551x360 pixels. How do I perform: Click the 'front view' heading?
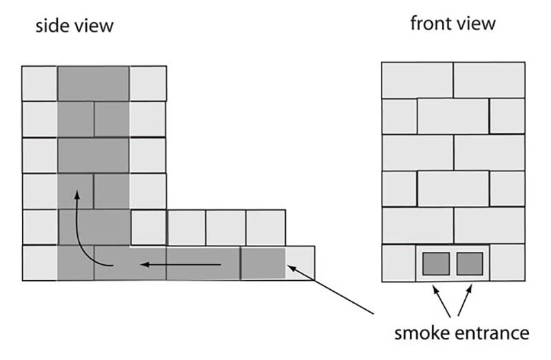click(x=453, y=23)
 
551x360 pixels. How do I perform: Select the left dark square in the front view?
click(x=436, y=263)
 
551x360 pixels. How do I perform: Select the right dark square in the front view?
click(x=470, y=263)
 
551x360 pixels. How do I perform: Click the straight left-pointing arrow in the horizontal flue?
click(x=182, y=263)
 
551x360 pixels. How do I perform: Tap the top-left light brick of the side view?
click(x=39, y=83)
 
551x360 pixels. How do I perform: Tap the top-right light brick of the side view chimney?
click(x=147, y=83)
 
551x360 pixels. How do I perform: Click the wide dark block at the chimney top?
click(x=93, y=83)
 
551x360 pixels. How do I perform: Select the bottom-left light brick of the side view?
click(x=39, y=263)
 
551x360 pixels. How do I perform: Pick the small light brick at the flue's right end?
click(x=300, y=263)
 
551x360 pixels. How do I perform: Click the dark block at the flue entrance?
click(x=262, y=263)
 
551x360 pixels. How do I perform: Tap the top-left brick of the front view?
click(x=417, y=80)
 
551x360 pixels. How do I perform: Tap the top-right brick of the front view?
click(x=489, y=80)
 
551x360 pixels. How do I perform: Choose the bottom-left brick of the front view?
click(x=398, y=263)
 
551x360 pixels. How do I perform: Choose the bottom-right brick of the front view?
click(x=508, y=263)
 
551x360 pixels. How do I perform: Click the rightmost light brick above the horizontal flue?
click(x=265, y=227)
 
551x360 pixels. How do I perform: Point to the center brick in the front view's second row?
click(x=453, y=116)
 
